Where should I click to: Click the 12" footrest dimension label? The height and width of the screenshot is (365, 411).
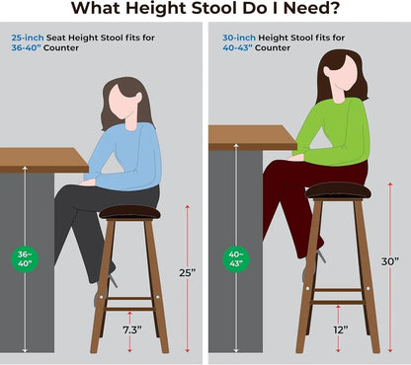click(x=340, y=328)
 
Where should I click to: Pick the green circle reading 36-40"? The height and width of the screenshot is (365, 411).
click(x=24, y=258)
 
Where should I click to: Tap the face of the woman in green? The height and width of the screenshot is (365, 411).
click(x=336, y=72)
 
